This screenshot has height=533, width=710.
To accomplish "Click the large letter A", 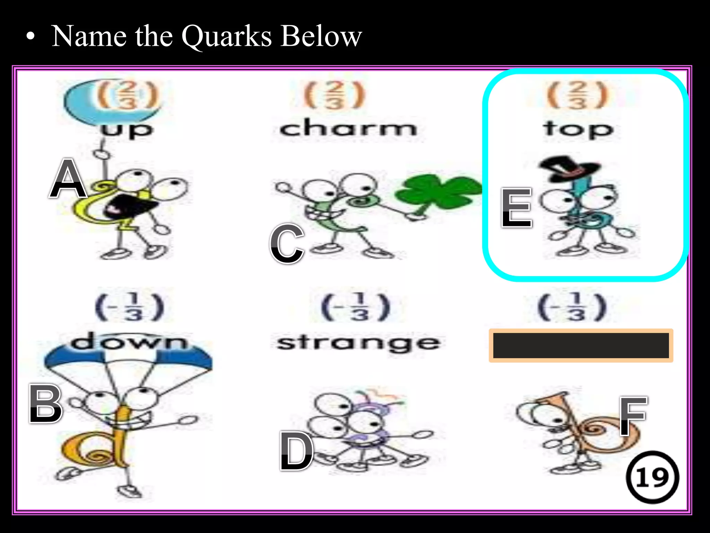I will pyautogui.click(x=68, y=179).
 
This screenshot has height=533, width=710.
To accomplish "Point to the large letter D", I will pyautogui.click(x=296, y=451).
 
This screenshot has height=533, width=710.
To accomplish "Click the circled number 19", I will pyautogui.click(x=652, y=477).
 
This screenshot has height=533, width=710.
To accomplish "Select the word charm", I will pyautogui.click(x=348, y=128).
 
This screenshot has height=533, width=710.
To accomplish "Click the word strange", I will pyautogui.click(x=358, y=343).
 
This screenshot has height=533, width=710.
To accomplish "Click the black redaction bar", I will pyautogui.click(x=581, y=345).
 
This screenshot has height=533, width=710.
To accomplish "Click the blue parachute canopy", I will pyautogui.click(x=128, y=357).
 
